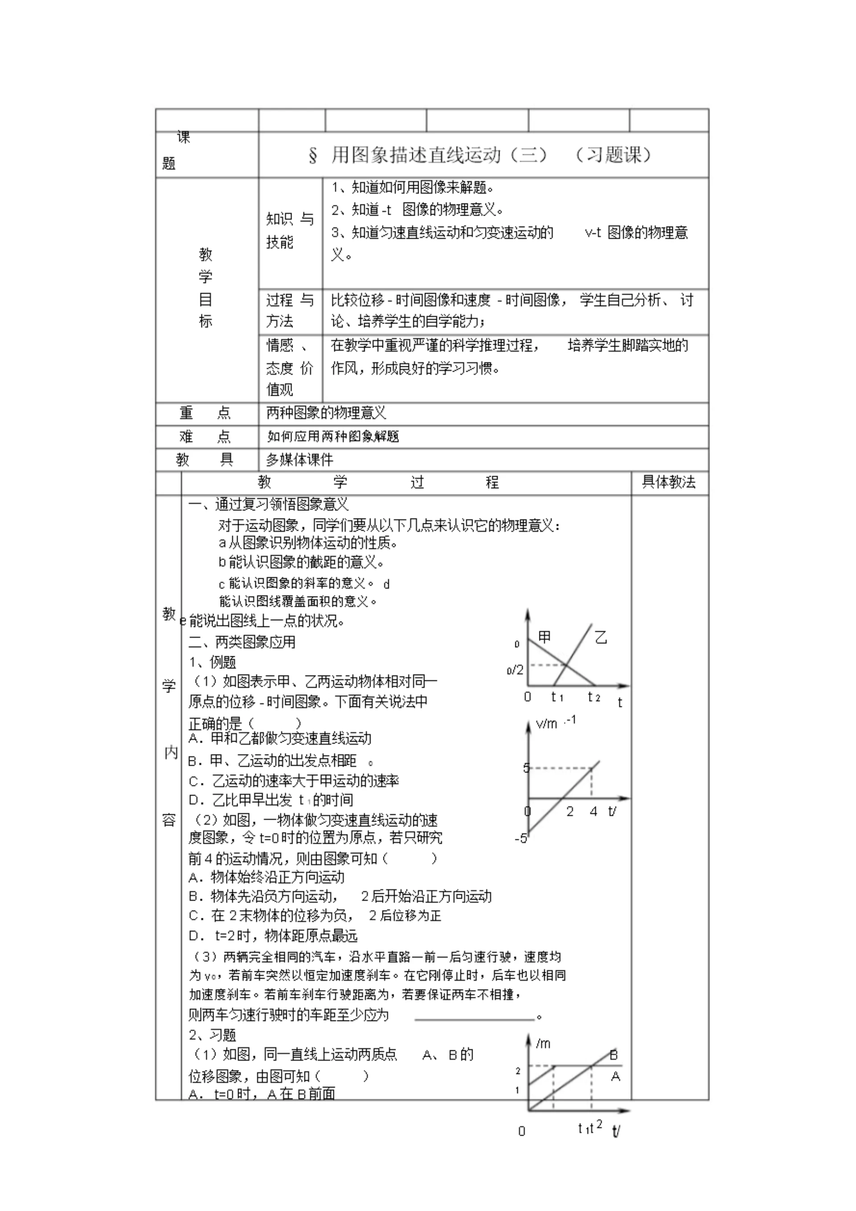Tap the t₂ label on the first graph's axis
click(594, 697)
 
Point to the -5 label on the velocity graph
click(520, 838)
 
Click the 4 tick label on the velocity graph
click(593, 812)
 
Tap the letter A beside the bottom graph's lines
click(615, 1077)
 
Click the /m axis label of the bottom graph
click(543, 1043)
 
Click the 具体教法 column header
click(668, 481)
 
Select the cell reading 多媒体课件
click(300, 460)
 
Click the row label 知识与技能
click(289, 230)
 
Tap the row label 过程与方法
click(289, 310)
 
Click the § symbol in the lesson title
click(313, 156)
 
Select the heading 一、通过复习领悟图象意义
click(268, 504)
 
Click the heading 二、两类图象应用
click(242, 642)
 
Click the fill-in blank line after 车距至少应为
click(474, 1016)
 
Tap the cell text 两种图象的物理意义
click(326, 413)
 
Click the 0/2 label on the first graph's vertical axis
click(515, 670)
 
